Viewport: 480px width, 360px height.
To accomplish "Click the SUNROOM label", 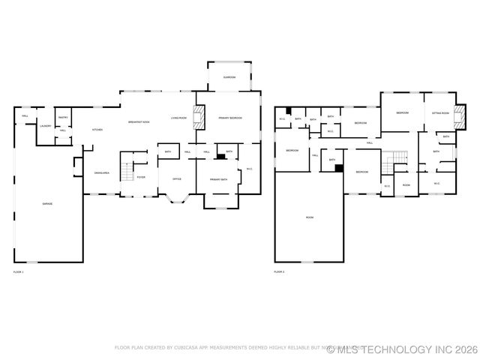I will pos(229,77).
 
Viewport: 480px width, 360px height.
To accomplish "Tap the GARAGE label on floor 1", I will pos(47,204).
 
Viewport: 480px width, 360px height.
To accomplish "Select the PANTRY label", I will pos(63,118).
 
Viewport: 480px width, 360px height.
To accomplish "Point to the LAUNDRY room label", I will pos(46,126).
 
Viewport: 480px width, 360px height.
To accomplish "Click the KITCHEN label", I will pos(97,130).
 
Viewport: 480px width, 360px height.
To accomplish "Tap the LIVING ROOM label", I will pos(178,118).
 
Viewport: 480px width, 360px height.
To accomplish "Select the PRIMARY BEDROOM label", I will pos(230,118).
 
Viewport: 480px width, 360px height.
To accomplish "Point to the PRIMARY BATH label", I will pos(218,179).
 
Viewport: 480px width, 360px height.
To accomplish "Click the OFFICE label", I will pos(177,179).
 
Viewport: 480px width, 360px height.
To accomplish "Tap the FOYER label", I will pos(141,177).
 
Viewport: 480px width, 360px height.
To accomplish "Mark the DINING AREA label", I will pos(102,173).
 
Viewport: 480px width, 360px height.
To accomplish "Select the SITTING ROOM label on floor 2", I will pos(440,112).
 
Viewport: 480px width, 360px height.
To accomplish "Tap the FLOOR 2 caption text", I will pos(279,271).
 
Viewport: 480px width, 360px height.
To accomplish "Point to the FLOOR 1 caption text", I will pos(19,271).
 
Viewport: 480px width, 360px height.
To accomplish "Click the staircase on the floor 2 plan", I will pos(394,160).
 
